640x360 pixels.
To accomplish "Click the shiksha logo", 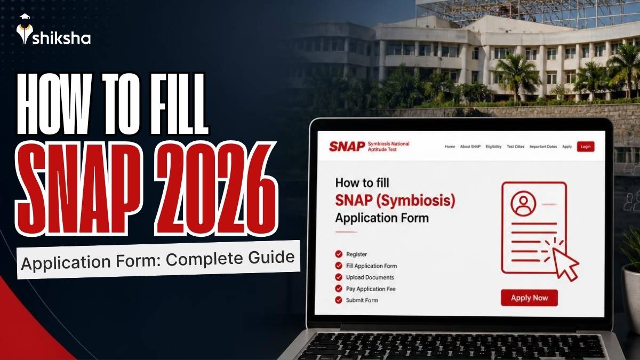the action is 53,29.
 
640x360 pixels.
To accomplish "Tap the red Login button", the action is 586,147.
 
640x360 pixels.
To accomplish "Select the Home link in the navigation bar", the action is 450,147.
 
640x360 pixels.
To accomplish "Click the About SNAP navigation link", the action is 470,147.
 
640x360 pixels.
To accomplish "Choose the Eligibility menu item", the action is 493,147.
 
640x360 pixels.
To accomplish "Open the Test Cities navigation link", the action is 515,147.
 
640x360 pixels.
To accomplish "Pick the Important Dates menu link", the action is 543,147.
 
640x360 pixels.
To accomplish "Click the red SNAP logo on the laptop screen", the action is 347,147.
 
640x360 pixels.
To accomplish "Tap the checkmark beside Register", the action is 339,254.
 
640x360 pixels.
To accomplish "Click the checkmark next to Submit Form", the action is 339,300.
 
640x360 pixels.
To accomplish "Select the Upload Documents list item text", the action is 370,277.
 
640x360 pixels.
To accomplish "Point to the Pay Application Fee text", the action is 371,289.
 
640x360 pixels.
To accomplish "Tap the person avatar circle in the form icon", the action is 523,204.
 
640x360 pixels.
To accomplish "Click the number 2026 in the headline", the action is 216,189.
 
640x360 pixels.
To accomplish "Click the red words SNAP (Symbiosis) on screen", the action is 395,201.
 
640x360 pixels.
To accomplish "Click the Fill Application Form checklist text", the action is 371,266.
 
